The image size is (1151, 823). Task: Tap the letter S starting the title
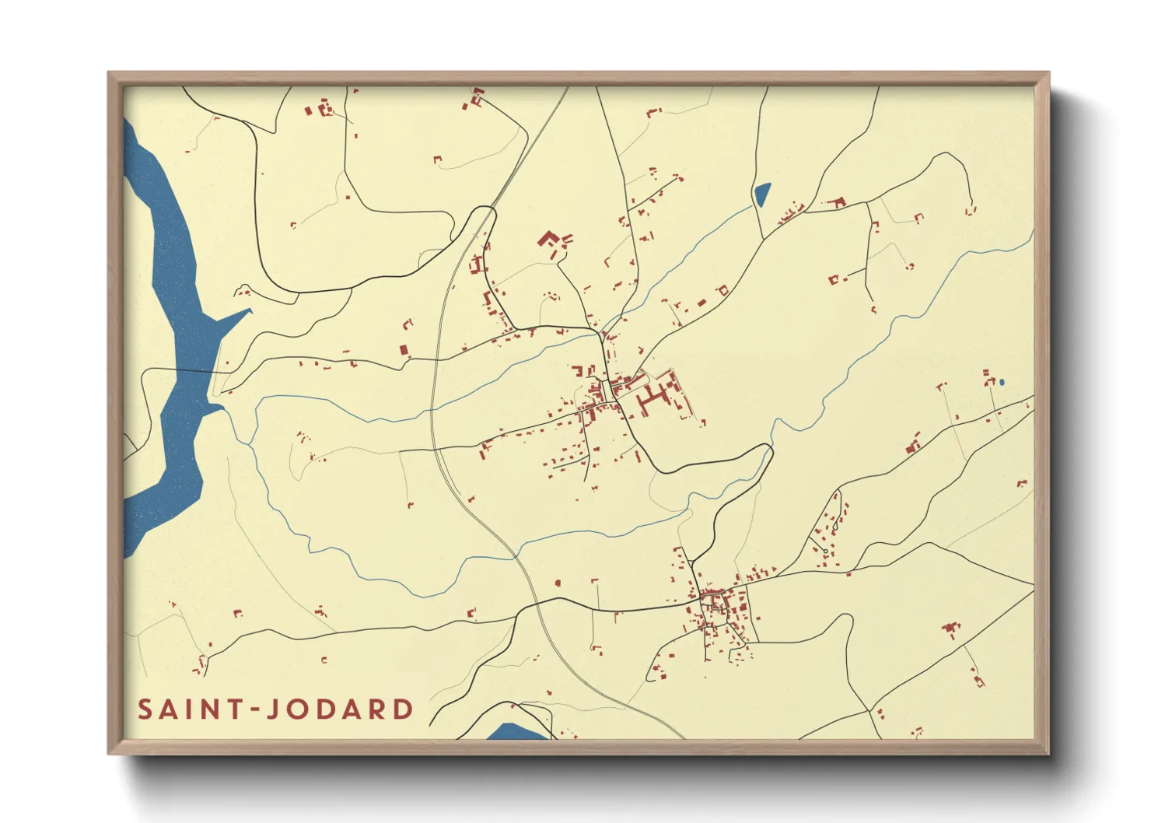pos(145,709)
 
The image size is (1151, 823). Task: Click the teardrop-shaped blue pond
pos(761,194)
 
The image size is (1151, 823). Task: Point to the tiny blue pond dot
pos(1002,382)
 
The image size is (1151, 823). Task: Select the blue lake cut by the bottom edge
pos(513,732)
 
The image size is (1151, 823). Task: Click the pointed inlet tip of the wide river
pos(250,310)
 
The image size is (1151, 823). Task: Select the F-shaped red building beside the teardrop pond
pos(838,203)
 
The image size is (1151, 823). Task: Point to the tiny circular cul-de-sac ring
pos(825,552)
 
